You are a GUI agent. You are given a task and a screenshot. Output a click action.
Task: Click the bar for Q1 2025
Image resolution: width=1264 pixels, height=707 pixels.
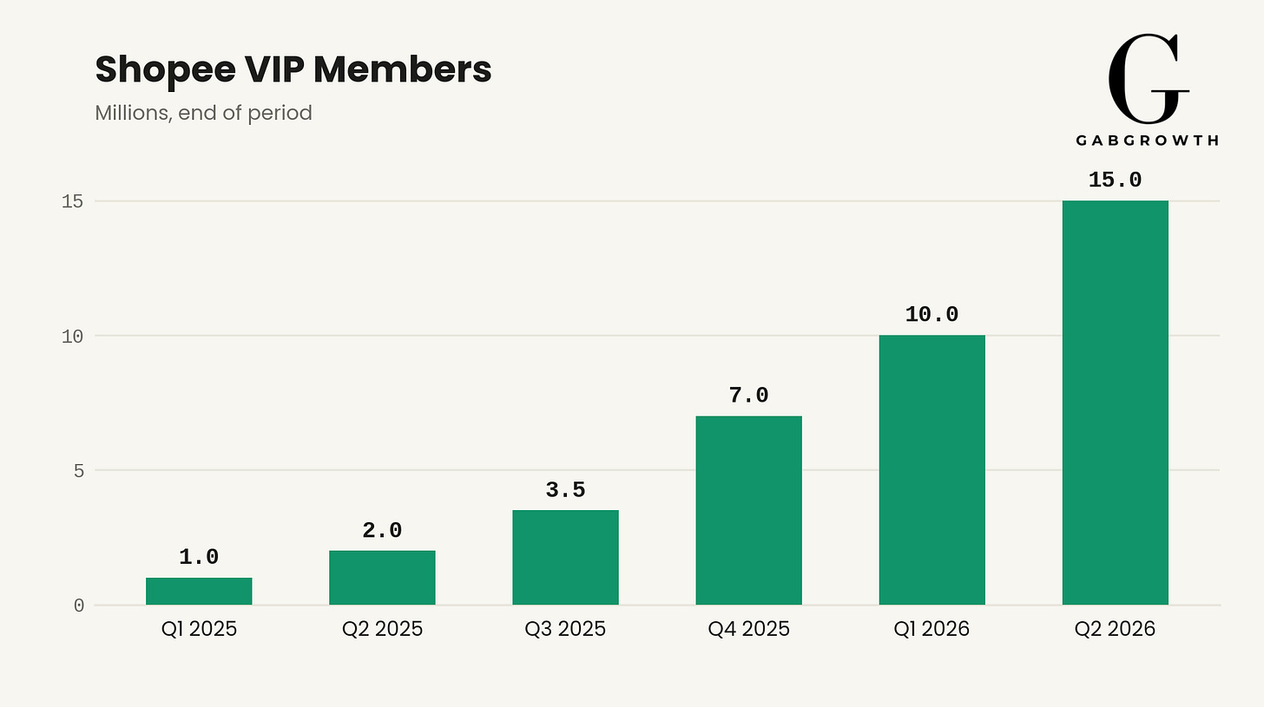point(199,592)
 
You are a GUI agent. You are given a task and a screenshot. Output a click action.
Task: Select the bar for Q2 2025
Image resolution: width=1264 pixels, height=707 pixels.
point(382,578)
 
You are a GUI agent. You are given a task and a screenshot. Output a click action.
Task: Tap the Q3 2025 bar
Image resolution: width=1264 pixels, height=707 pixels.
point(565,558)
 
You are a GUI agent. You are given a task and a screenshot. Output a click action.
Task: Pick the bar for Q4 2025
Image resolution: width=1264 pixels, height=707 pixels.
point(749,510)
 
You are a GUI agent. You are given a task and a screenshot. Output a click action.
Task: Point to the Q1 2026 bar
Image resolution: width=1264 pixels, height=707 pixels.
point(932,470)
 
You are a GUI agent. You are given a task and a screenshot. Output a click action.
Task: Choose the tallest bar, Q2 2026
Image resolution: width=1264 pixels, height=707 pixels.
point(1116,403)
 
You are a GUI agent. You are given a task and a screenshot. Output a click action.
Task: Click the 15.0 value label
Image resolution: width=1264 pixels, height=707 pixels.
point(1115,180)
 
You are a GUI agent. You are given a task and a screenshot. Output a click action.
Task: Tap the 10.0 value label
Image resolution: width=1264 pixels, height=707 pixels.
point(932,315)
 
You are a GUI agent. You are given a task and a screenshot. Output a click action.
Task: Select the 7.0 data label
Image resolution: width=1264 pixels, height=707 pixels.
point(749,396)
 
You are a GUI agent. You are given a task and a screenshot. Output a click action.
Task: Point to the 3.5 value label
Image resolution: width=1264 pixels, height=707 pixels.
point(565,490)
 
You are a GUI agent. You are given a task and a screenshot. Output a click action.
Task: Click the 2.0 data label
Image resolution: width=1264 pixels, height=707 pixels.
point(382,531)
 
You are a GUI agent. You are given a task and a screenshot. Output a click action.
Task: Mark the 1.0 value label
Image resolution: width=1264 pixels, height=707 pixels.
point(199,557)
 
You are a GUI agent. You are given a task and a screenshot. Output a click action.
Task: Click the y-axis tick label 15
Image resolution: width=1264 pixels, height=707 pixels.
point(72,201)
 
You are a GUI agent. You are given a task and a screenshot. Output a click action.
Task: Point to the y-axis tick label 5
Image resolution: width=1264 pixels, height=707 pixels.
point(78,471)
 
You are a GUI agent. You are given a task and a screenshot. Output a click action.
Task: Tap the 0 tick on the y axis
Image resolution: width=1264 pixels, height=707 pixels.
point(78,606)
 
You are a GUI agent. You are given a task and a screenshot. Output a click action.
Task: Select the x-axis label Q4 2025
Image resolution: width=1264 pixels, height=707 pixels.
point(749,629)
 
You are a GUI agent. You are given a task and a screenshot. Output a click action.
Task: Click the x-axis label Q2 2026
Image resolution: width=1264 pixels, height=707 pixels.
point(1115,629)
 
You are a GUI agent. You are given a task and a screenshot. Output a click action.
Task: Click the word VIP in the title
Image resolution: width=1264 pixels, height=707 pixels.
point(274,69)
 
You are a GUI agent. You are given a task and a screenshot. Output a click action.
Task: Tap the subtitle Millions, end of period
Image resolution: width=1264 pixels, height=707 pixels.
point(203,113)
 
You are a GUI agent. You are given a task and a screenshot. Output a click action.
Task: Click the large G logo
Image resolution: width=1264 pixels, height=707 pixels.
point(1148,79)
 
